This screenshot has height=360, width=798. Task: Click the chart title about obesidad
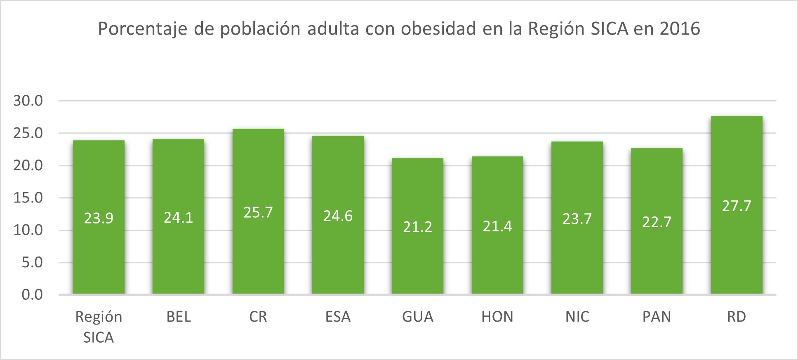coord(399,29)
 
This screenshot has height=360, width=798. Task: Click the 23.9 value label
coord(99,218)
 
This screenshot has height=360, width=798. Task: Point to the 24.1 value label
coord(179,217)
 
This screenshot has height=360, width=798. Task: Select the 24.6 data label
coord(338,216)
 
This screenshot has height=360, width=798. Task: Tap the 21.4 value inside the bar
coord(497,226)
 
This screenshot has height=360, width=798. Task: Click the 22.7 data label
coord(657,222)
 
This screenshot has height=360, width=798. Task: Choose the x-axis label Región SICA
coord(99,327)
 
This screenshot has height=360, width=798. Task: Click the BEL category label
coord(179,317)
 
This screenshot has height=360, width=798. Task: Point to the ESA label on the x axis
coord(338,317)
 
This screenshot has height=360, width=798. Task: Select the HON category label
coord(497,317)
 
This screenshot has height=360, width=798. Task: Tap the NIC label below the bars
coord(577,317)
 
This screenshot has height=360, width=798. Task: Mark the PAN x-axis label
coord(657,317)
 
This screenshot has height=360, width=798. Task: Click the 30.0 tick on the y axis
coord(28,101)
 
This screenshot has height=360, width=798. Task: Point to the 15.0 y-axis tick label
coord(28,198)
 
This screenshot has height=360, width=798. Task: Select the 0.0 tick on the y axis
coord(32,294)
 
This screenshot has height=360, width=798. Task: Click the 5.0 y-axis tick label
coord(32,262)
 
